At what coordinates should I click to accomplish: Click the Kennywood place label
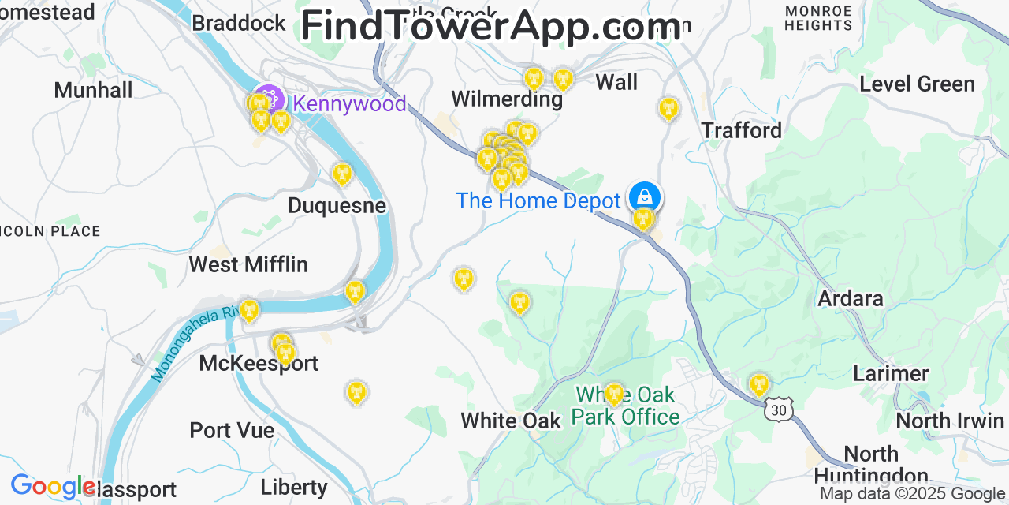pos(349,103)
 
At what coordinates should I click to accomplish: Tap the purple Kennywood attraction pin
pos(270,99)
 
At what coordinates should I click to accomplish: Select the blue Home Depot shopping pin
pos(644,196)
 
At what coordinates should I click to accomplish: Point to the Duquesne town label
pos(337,206)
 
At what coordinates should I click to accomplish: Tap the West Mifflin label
pos(248,264)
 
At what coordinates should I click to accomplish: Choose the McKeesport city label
pos(259,363)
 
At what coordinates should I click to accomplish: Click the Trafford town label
pos(741,130)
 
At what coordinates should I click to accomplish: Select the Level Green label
pos(917,84)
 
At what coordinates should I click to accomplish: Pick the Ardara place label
pos(850,299)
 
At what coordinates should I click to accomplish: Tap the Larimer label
pos(891,373)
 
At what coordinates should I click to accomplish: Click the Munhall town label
pos(93,90)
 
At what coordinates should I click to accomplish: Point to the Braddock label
pos(239,23)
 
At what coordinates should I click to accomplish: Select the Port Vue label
pos(232,430)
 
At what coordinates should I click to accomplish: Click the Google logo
pos(52,487)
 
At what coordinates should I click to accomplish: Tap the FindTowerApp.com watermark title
pos(490,26)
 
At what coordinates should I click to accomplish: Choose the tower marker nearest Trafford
pos(668,108)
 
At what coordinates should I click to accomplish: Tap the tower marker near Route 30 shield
pos(758,384)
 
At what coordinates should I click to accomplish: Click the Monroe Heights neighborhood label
pos(818,18)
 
